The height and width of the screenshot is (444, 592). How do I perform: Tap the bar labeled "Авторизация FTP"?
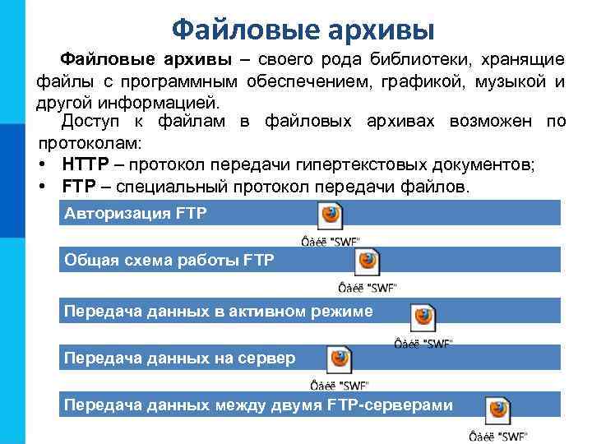point(136,214)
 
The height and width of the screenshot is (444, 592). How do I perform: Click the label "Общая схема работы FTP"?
point(169,261)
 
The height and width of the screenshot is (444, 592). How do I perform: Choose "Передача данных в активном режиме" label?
point(219,311)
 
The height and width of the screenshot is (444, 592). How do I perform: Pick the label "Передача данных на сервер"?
point(179,358)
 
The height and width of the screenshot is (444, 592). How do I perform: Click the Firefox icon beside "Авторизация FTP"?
point(331,216)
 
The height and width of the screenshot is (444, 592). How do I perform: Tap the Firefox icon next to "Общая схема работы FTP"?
point(367,262)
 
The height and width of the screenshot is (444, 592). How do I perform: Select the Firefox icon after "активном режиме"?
point(423,317)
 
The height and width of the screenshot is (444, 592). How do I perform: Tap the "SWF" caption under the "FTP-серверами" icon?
point(497,436)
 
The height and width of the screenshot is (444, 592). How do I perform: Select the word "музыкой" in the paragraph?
point(511,82)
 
